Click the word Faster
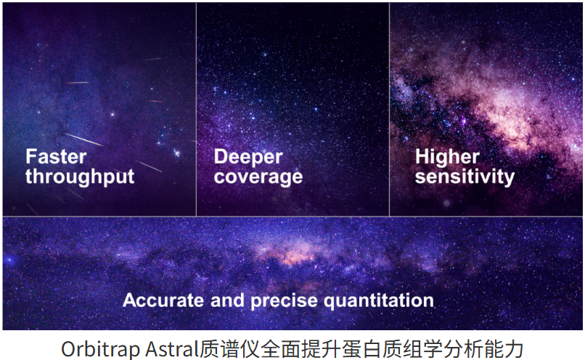click(x=56, y=156)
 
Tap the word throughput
click(x=80, y=177)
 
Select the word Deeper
click(x=248, y=157)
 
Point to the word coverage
click(x=258, y=177)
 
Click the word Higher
click(x=447, y=157)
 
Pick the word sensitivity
click(x=465, y=176)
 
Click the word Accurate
click(x=163, y=300)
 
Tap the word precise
click(x=284, y=301)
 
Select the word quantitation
click(x=378, y=301)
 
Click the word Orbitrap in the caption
click(x=101, y=350)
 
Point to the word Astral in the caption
click(x=172, y=349)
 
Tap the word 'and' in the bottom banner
click(x=227, y=300)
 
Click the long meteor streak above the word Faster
click(x=83, y=139)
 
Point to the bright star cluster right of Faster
click(x=176, y=152)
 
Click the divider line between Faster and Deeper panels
click(x=196, y=110)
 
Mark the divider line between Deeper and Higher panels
click(x=390, y=110)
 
